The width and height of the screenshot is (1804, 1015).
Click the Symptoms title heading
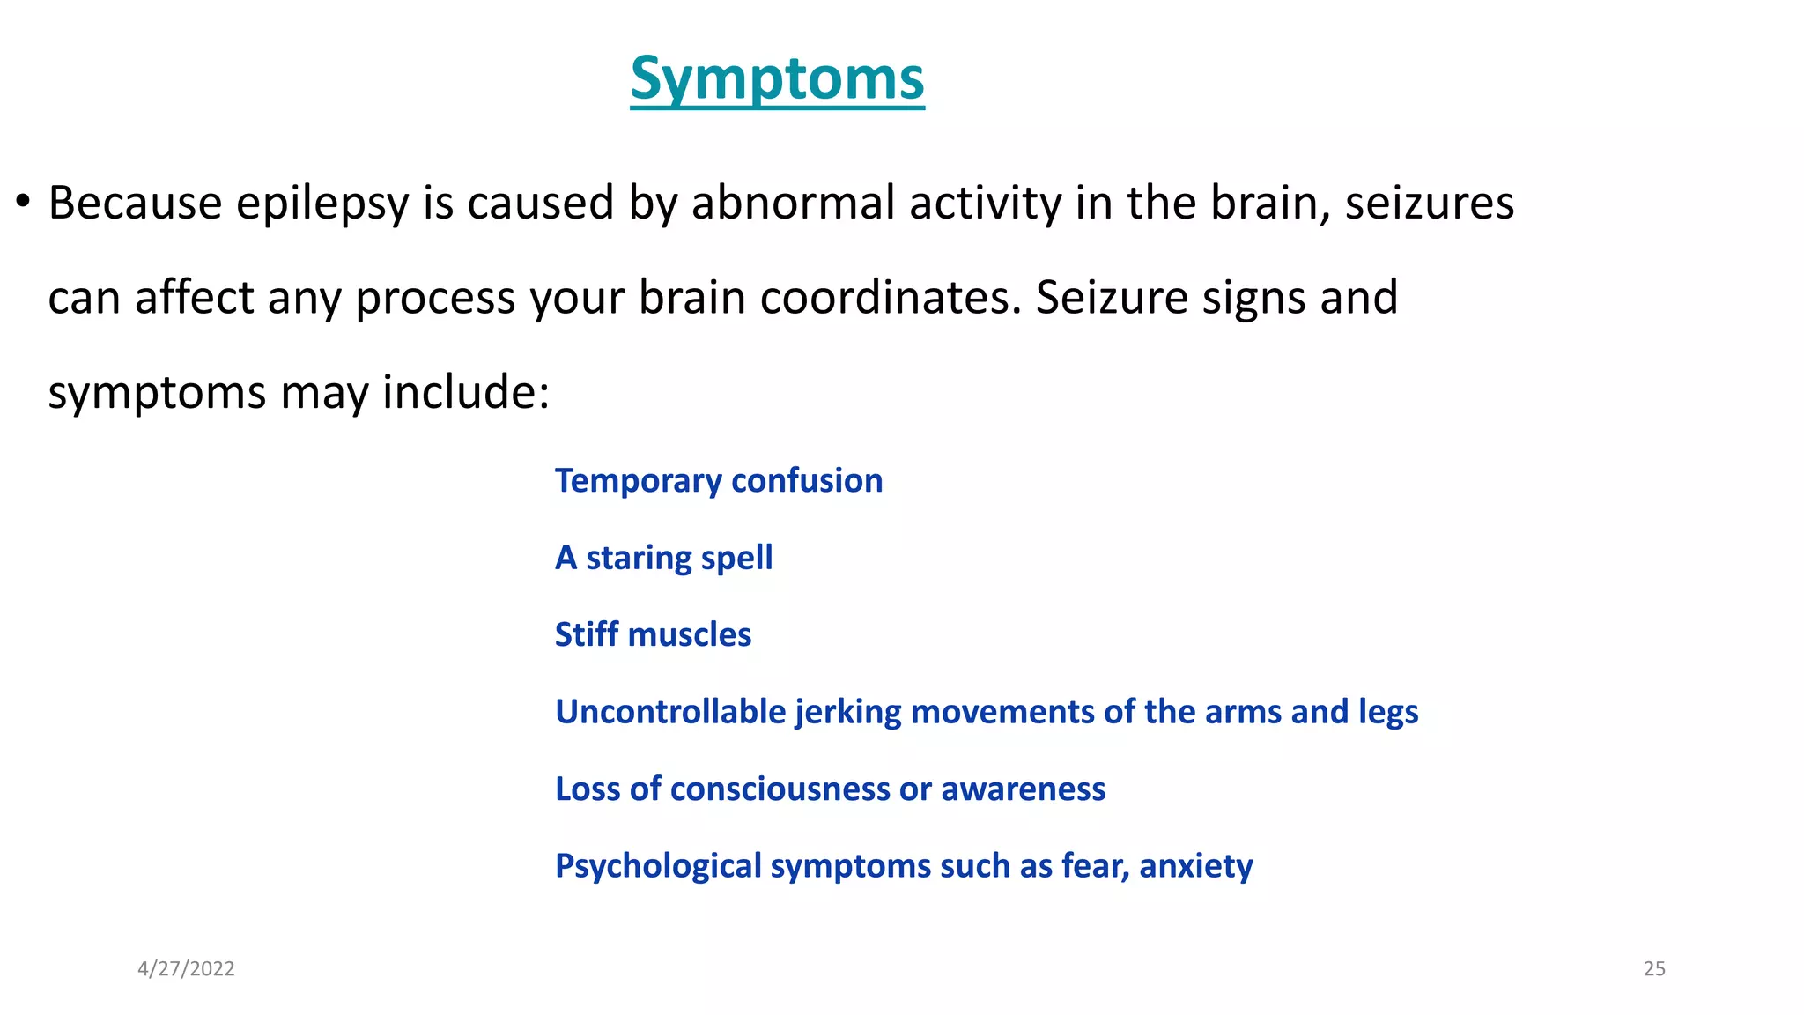tap(777, 79)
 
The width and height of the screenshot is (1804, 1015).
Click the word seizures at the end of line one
tap(1429, 203)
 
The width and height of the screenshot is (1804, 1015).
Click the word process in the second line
tap(435, 299)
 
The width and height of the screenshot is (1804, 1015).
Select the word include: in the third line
tap(466, 391)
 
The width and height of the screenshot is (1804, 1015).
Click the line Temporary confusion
tap(718, 481)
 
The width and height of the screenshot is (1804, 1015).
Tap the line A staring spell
tap(663, 558)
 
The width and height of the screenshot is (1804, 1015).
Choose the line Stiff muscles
tap(653, 634)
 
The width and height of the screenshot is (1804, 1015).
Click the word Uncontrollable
tap(670, 712)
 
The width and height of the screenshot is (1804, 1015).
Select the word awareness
tap(1023, 789)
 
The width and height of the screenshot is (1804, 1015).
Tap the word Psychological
tap(658, 866)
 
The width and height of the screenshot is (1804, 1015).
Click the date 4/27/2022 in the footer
tap(186, 969)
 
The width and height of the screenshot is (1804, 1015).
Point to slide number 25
tap(1654, 969)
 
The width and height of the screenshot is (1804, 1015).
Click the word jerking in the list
tap(847, 712)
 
